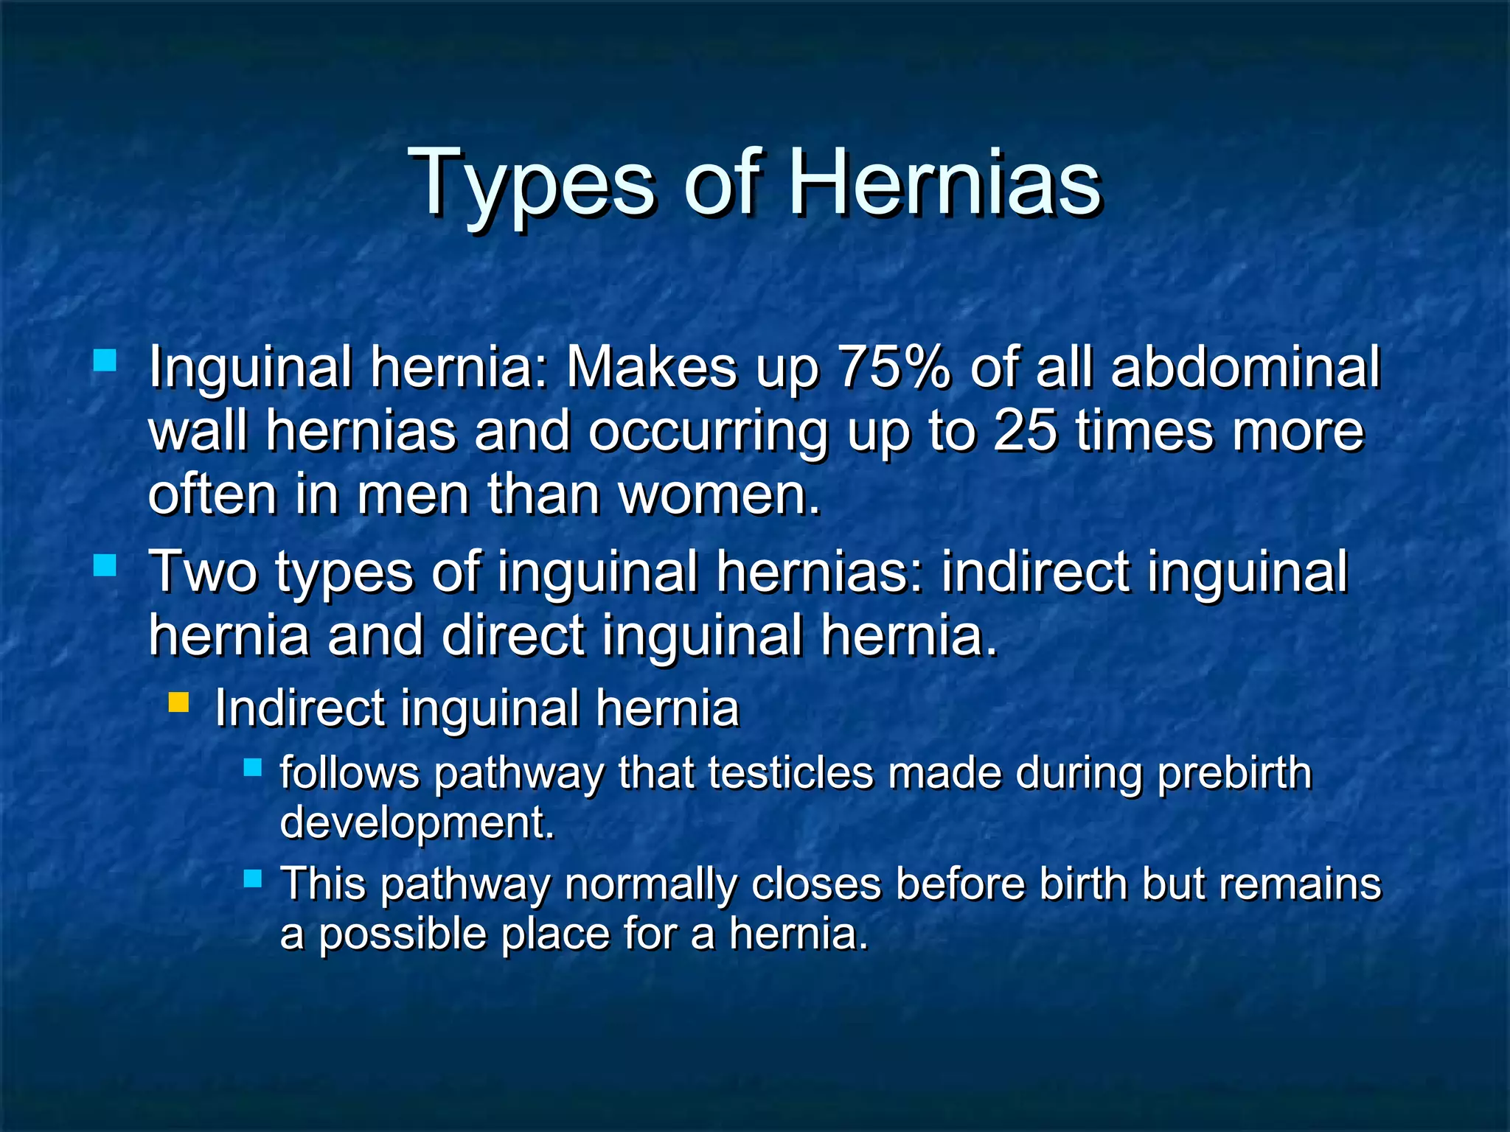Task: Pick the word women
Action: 718,495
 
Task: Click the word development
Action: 416,822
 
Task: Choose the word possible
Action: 403,934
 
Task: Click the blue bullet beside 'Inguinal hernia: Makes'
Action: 105,360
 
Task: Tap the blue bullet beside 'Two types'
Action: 105,565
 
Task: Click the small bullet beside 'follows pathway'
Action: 253,768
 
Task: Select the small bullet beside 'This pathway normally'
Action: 253,878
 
